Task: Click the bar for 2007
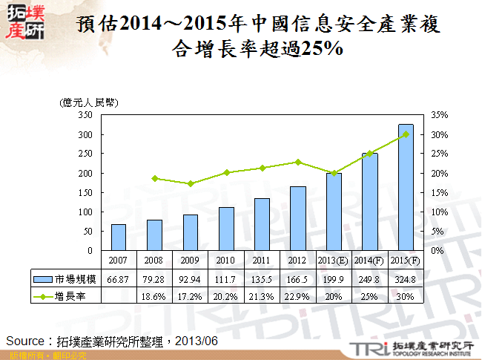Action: pos(119,238)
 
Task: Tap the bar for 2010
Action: pos(226,229)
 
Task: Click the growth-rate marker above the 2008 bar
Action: pos(154,178)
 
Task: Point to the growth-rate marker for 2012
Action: pos(298,162)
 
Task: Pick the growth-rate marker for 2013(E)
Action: pos(334,173)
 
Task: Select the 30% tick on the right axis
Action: pos(439,135)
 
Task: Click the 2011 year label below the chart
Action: pos(262,260)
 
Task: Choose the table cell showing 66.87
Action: pos(119,278)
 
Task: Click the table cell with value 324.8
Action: pos(406,278)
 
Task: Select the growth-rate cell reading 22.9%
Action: pos(298,295)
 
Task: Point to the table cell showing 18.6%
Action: pos(154,295)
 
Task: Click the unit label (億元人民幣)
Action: pos(90,102)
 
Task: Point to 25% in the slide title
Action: pos(317,50)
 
